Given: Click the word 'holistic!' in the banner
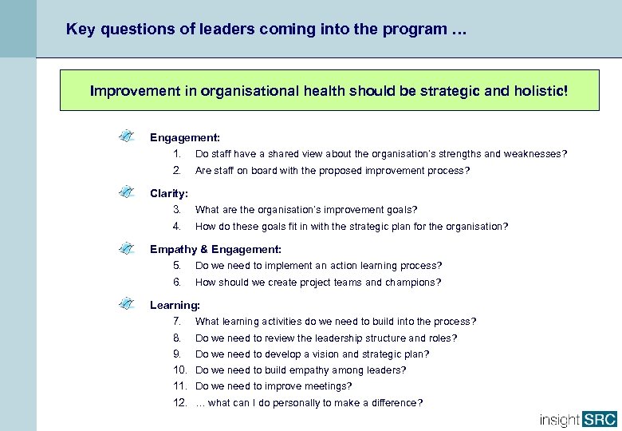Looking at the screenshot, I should click(541, 91).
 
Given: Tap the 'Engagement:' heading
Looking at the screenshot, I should click(185, 137).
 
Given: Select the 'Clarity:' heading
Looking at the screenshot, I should click(169, 193).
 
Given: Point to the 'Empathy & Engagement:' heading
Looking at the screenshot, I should click(215, 249).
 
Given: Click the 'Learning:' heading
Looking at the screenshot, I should click(175, 305).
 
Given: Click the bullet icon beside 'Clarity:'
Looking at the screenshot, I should click(125, 192).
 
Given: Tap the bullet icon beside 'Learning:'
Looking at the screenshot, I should click(125, 304).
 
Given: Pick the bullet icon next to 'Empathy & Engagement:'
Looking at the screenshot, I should click(125, 248).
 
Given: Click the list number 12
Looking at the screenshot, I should click(179, 403).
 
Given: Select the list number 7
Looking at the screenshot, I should click(177, 322).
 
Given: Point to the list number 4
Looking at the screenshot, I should click(177, 227).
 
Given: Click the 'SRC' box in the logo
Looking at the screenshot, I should click(600, 419).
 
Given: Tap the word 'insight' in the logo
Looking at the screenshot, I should click(560, 419).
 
